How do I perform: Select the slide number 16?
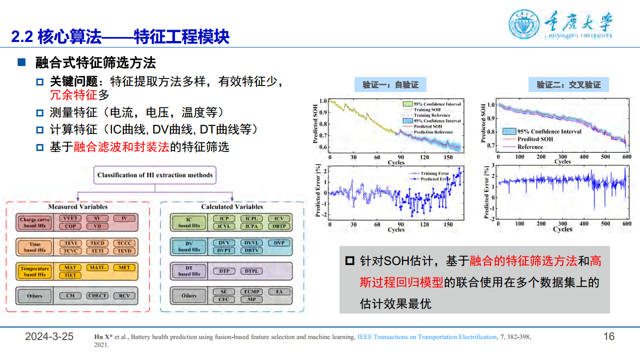[608, 336]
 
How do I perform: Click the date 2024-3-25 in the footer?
[49, 336]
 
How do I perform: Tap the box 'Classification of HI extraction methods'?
[154, 175]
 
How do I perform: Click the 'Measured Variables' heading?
[77, 206]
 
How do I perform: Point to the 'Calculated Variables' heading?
[232, 206]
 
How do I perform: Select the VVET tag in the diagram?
[70, 218]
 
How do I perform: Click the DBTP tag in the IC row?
[279, 226]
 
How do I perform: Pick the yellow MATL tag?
[97, 267]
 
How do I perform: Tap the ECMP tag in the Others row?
[251, 291]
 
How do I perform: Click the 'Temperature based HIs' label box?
[34, 271]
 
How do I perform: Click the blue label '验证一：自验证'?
[390, 84]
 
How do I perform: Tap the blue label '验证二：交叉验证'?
[568, 84]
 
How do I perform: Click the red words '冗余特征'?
[73, 95]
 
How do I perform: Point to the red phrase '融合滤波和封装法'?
[121, 147]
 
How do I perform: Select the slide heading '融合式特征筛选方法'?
[95, 63]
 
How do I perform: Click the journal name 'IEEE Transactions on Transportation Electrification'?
[427, 337]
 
